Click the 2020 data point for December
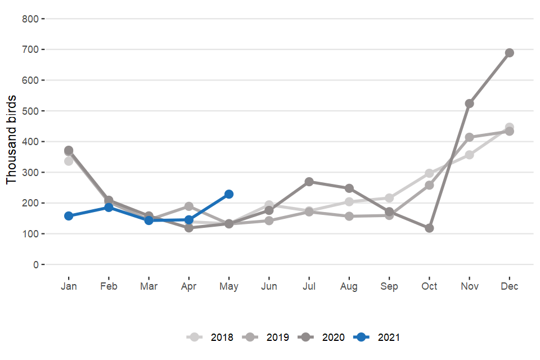pos(510,53)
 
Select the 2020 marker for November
pos(470,103)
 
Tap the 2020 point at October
pos(429,228)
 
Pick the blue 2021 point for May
pos(229,194)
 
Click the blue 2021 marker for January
pos(69,216)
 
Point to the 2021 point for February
pos(109,208)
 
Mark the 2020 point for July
pos(309,182)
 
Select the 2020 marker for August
pos(349,188)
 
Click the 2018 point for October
pos(429,173)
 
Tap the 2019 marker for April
pos(189,206)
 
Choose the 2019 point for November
pos(470,137)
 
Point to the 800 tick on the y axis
pos(30,19)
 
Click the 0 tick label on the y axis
pos(35,264)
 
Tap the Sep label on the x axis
pos(389,286)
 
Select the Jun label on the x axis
pos(269,286)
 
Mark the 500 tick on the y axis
pos(30,111)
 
